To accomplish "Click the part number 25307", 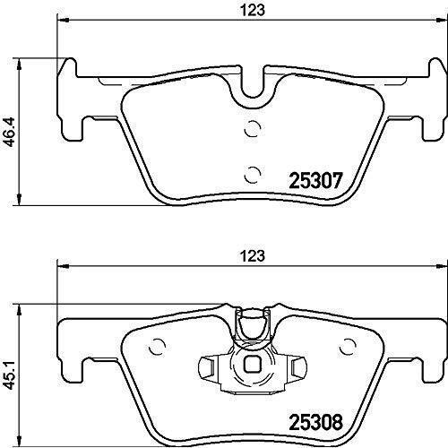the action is coord(315,180).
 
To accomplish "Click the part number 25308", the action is coord(315,422).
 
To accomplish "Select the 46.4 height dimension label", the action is coord(11,132).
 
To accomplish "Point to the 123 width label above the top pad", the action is coord(253,11).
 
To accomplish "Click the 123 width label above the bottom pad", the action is coord(253,256).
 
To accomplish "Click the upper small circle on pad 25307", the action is coord(253,128).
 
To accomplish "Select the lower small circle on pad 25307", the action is coord(253,174).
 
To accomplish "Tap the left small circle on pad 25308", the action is coord(158,347).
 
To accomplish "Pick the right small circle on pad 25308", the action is coord(349,347).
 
